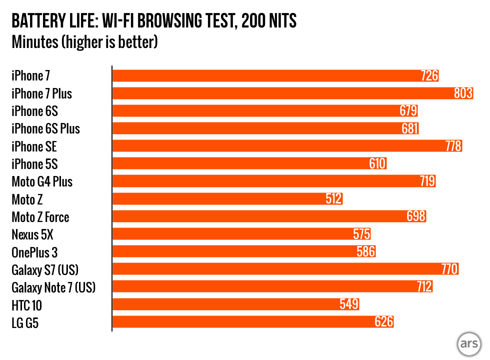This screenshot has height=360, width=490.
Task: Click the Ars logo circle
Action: [468, 344]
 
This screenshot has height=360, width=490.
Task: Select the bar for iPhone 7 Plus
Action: [292, 93]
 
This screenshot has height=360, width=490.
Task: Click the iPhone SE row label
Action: [34, 146]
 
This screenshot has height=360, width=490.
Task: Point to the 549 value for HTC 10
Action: [349, 304]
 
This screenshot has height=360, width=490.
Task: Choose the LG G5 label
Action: [25, 322]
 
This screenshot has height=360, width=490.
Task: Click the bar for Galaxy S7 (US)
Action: [285, 269]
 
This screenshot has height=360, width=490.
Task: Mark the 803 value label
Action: [463, 93]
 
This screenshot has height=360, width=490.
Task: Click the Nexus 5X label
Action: [32, 234]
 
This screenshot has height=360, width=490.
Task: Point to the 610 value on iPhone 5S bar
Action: [377, 164]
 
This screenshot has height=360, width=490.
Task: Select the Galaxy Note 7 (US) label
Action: [53, 287]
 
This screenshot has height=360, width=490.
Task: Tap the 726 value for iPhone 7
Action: [429, 76]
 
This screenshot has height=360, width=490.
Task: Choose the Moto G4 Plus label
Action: [42, 181]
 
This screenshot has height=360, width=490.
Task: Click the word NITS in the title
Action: [280, 21]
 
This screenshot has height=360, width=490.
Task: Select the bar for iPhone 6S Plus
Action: [265, 128]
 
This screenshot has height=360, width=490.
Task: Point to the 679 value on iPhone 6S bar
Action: [408, 111]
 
